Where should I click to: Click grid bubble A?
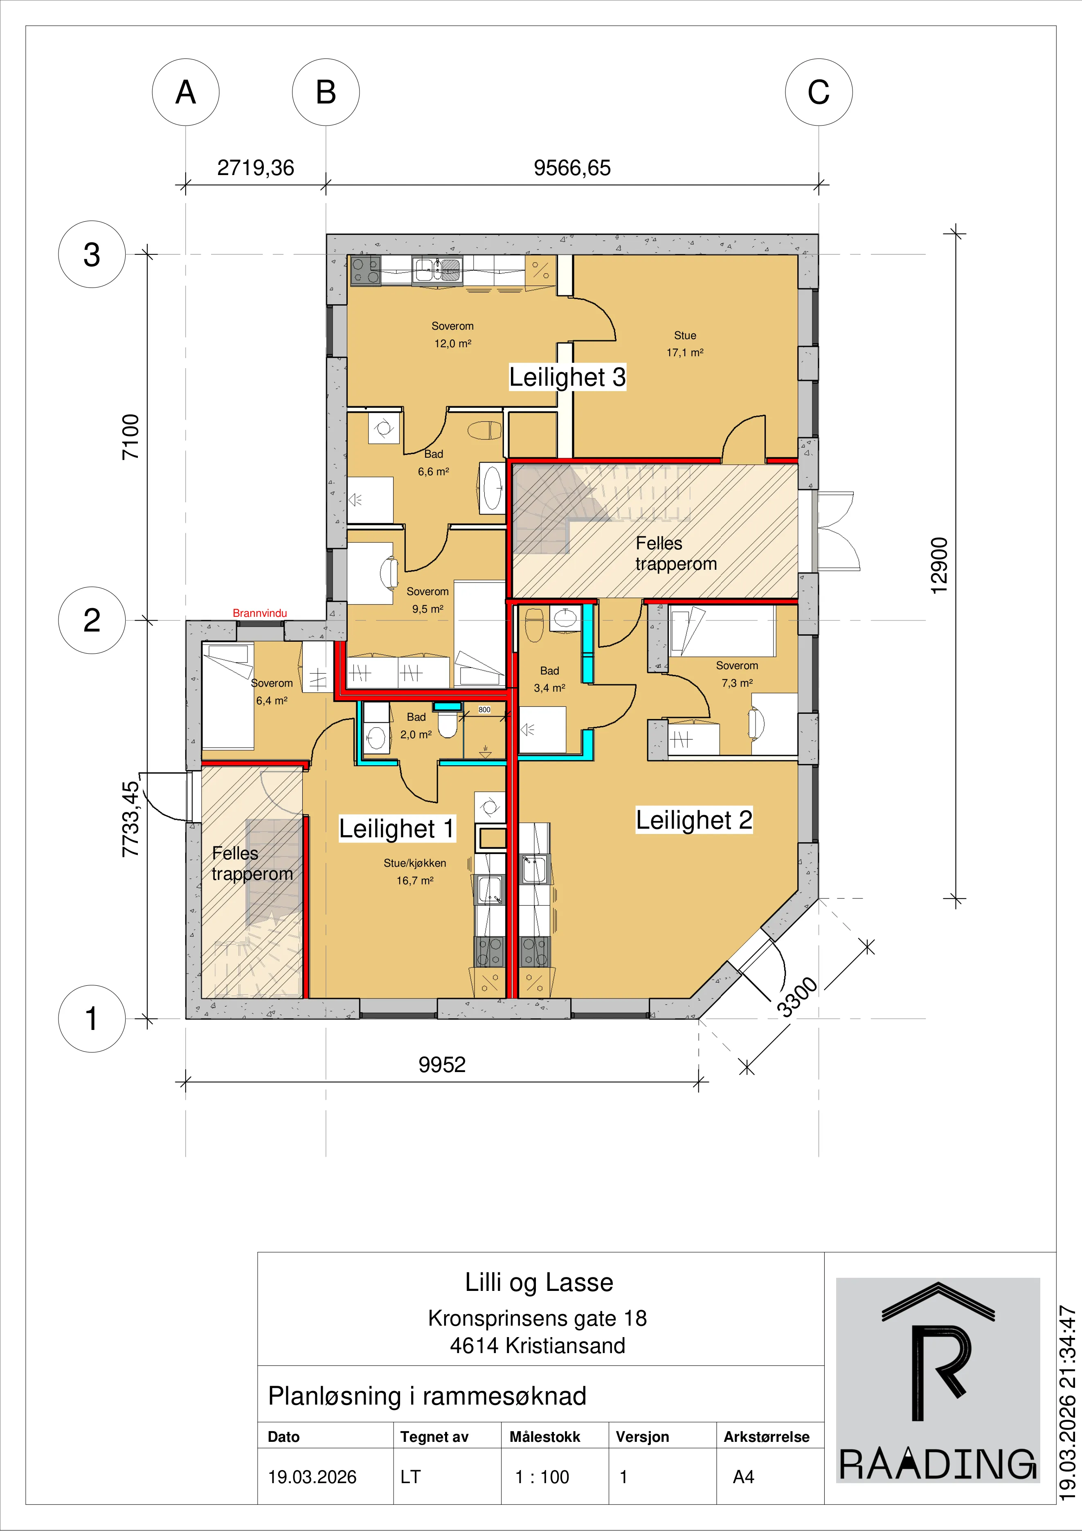tap(185, 92)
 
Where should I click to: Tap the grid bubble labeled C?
tap(819, 92)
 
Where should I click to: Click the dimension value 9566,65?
tap(572, 167)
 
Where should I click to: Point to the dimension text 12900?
tap(938, 565)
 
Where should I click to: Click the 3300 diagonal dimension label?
tap(797, 997)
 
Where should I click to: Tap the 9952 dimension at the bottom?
tap(442, 1064)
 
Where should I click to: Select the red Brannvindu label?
tap(259, 613)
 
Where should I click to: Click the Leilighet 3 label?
tap(567, 377)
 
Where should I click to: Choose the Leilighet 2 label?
tap(694, 820)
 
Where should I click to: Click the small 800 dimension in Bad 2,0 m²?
tap(484, 710)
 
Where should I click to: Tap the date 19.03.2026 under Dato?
tap(312, 1477)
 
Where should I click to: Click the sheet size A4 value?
tap(743, 1477)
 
